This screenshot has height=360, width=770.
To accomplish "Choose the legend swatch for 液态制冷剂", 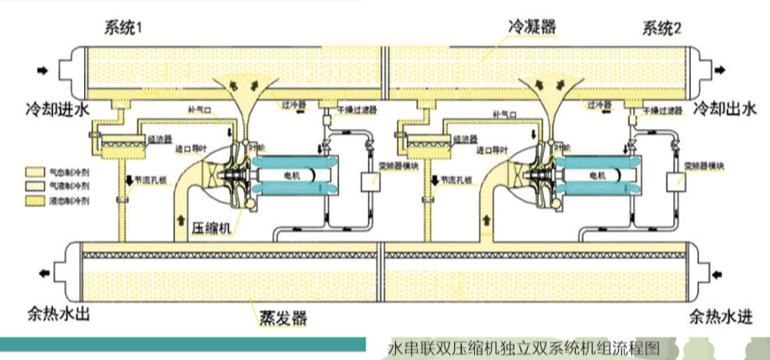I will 34,201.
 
